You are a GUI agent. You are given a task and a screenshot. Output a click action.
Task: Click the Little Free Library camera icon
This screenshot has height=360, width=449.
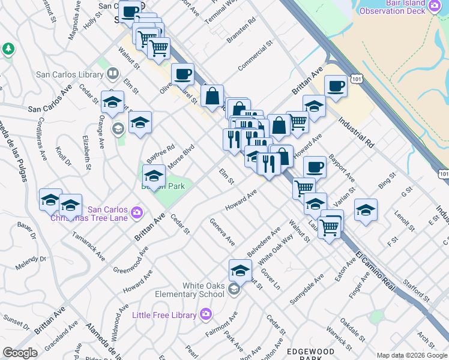206,314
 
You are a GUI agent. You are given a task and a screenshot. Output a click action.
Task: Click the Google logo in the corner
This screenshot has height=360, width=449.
20,353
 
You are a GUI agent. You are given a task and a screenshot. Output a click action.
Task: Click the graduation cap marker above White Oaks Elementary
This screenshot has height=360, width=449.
240,269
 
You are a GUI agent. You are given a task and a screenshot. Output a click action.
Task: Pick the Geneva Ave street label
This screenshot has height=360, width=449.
222,232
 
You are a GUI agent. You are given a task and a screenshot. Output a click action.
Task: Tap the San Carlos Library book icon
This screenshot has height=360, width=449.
112,74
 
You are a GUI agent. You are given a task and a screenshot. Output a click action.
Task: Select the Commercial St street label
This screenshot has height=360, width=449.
255,54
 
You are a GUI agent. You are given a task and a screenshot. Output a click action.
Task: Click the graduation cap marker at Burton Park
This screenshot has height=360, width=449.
154,176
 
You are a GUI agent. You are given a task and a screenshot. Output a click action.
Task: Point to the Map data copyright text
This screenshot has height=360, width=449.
411,355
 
